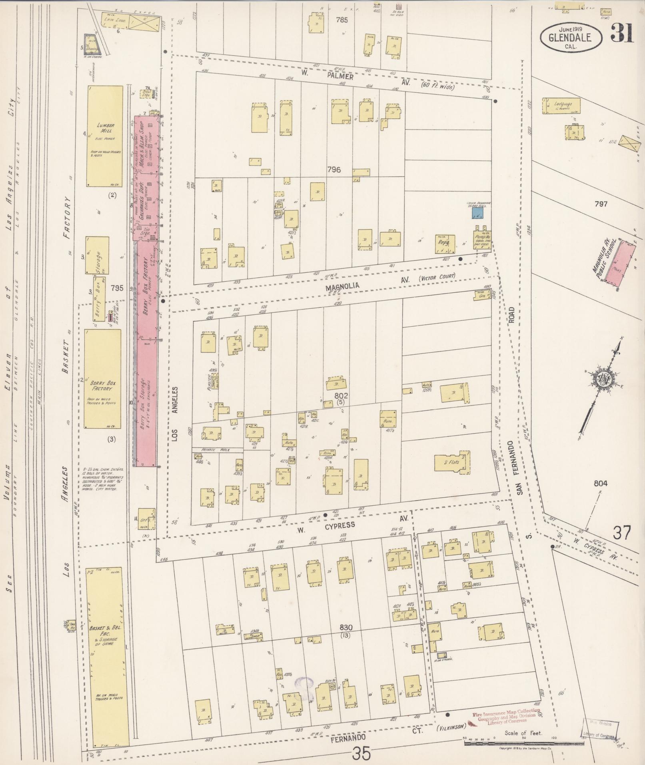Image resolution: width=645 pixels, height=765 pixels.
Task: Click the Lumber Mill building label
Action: pyautogui.click(x=106, y=128)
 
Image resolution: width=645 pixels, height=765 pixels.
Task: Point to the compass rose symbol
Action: pyautogui.click(x=601, y=380)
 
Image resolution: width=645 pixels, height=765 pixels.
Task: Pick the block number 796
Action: pyautogui.click(x=333, y=170)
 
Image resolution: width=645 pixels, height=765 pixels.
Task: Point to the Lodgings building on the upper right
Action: pyautogui.click(x=562, y=105)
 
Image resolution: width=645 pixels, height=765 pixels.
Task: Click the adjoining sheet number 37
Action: pyautogui.click(x=622, y=533)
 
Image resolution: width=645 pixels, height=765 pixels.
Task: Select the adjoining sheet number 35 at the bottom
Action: pyautogui.click(x=362, y=754)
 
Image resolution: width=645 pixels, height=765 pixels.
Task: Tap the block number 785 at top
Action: pyautogui.click(x=342, y=20)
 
